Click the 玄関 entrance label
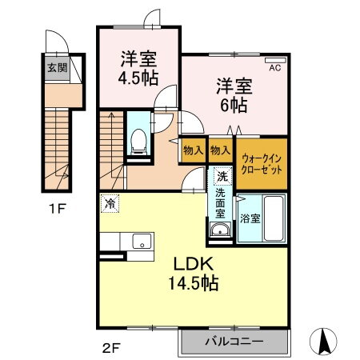57,67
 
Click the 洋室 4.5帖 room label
138,70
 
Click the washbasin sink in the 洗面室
220,230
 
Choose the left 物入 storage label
192,150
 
